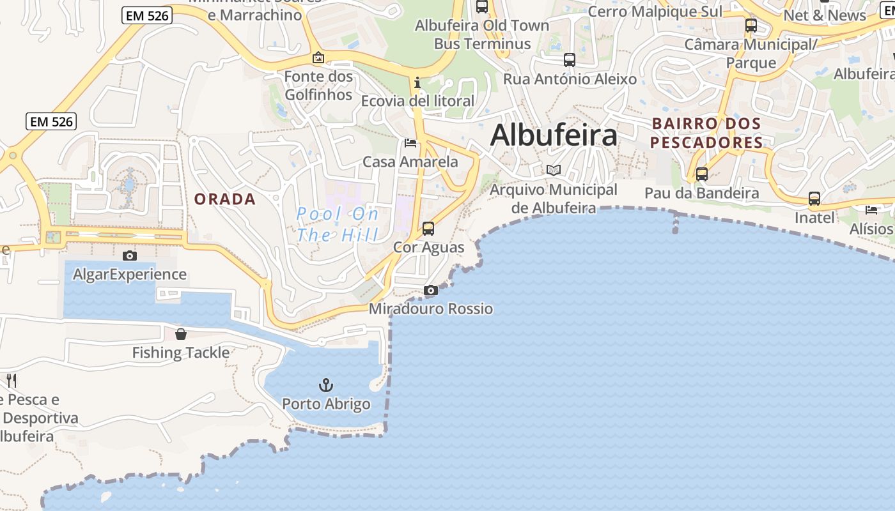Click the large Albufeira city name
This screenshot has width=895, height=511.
pyautogui.click(x=554, y=135)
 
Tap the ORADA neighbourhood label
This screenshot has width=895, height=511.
pyautogui.click(x=225, y=199)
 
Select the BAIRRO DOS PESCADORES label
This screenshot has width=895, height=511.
pyautogui.click(x=706, y=133)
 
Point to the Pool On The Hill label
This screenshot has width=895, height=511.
pyautogui.click(x=338, y=224)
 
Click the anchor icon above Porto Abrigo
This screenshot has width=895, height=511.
pyautogui.click(x=326, y=385)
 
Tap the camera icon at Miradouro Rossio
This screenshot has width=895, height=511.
pyautogui.click(x=431, y=291)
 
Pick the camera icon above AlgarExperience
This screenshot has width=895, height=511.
pyautogui.click(x=130, y=256)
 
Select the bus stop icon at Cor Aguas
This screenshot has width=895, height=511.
pyautogui.click(x=428, y=228)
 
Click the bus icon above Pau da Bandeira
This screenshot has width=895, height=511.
pyautogui.click(x=702, y=174)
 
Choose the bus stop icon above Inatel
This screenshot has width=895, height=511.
pyautogui.click(x=814, y=199)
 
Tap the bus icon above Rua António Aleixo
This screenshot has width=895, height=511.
pyautogui.click(x=570, y=60)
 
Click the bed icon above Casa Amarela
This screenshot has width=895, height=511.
pyautogui.click(x=410, y=143)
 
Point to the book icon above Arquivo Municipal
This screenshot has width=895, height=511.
pyautogui.click(x=554, y=171)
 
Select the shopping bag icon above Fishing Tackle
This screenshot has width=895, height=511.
pyautogui.click(x=181, y=334)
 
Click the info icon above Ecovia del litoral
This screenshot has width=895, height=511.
pyautogui.click(x=417, y=82)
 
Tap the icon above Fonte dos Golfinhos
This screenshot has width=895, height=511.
pyautogui.click(x=318, y=58)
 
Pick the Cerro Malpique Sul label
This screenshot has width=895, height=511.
pyautogui.click(x=655, y=11)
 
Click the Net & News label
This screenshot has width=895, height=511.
pyautogui.click(x=825, y=15)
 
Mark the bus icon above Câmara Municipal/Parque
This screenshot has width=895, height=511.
pyautogui.click(x=751, y=26)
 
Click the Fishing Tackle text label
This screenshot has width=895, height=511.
pyautogui.click(x=181, y=353)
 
